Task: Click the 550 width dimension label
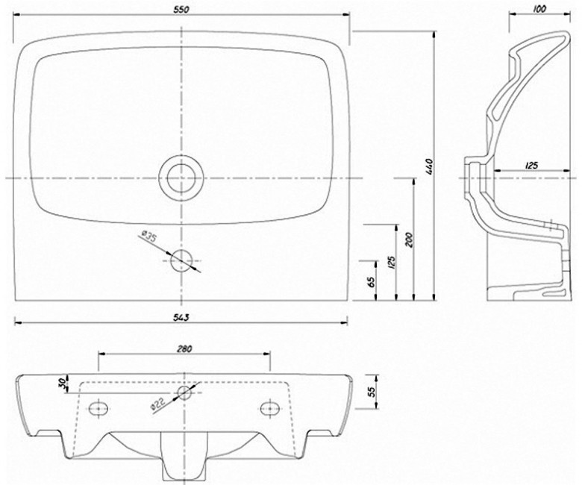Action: pyautogui.click(x=181, y=10)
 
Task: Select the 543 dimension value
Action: pyautogui.click(x=181, y=318)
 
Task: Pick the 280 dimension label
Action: pyautogui.click(x=184, y=348)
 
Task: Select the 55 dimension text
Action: pyautogui.click(x=372, y=392)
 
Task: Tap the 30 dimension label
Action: pyautogui.click(x=63, y=382)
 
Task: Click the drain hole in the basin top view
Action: pyautogui.click(x=181, y=178)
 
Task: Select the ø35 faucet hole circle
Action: pyautogui.click(x=181, y=260)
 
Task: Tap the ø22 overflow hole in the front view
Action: pyautogui.click(x=184, y=392)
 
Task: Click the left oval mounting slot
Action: pyautogui.click(x=98, y=409)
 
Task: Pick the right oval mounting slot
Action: pyautogui.click(x=270, y=408)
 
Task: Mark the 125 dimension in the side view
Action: pyautogui.click(x=531, y=166)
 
